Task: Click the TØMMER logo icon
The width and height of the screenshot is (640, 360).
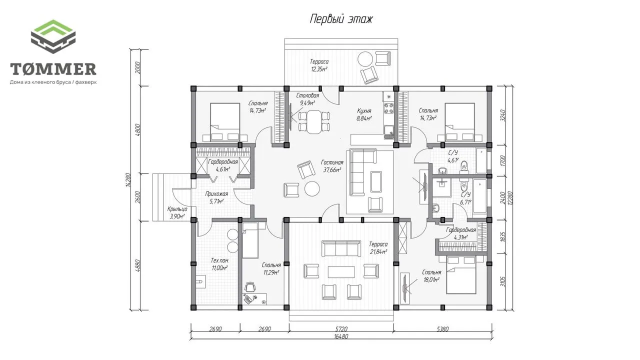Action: pos(53,36)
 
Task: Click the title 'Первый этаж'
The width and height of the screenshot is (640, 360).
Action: pos(341,19)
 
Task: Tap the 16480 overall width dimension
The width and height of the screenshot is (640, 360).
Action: pos(341,336)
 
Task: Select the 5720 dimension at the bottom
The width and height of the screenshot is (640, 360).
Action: pos(341,329)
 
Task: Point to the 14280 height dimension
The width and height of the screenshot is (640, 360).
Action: pos(128,180)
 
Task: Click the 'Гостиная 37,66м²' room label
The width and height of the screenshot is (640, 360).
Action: pos(332,166)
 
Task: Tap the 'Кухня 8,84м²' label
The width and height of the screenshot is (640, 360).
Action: pos(364,114)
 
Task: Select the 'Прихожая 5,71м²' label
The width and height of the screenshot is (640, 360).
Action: pos(216,197)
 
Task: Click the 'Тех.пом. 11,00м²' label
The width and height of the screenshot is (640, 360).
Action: pos(219,264)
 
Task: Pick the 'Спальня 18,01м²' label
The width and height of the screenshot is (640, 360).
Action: pos(431,276)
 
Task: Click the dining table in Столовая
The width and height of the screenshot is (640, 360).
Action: pos(314,121)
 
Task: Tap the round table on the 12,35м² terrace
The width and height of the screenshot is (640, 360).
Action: pos(365,58)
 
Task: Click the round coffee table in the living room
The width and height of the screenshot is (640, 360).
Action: pos(312,188)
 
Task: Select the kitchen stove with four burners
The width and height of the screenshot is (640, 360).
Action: pos(388,108)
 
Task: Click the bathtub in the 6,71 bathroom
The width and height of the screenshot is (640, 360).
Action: pos(479,196)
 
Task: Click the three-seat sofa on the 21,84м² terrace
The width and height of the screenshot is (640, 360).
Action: pos(341,248)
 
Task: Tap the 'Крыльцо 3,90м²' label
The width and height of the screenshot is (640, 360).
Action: pos(177,212)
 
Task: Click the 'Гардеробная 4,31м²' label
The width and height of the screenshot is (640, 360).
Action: pos(461,233)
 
